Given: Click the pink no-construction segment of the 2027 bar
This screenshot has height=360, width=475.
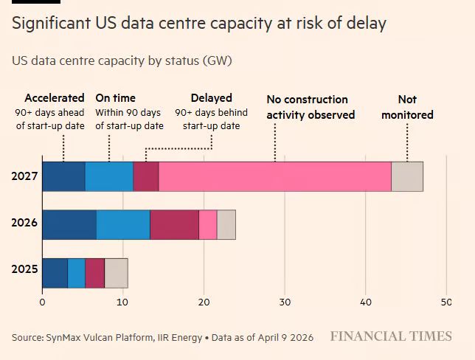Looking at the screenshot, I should pyautogui.click(x=274, y=176).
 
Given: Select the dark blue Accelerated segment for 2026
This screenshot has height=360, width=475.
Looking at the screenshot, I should pyautogui.click(x=69, y=224).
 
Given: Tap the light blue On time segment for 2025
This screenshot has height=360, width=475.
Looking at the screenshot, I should pyautogui.click(x=76, y=273).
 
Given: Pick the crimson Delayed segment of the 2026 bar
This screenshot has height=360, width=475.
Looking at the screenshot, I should pyautogui.click(x=174, y=224).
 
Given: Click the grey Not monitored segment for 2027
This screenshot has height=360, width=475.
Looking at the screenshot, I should pyautogui.click(x=406, y=176).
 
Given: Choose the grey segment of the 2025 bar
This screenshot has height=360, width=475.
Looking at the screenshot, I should pyautogui.click(x=116, y=273).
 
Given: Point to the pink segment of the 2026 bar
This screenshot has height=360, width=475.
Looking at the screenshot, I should pyautogui.click(x=207, y=224).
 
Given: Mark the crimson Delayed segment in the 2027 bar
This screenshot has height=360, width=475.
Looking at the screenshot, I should pyautogui.click(x=145, y=176).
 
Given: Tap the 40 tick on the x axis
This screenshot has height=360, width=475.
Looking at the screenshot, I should pyautogui.click(x=365, y=302).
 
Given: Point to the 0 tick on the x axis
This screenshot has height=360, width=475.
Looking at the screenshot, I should pyautogui.click(x=42, y=302).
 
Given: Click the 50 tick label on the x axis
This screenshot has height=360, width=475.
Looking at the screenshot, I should pyautogui.click(x=445, y=302).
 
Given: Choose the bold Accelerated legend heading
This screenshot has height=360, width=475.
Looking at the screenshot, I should pyautogui.click(x=54, y=98).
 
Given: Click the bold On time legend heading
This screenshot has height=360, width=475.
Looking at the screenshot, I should pyautogui.click(x=115, y=98).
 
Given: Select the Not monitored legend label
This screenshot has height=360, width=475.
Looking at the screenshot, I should pyautogui.click(x=407, y=107).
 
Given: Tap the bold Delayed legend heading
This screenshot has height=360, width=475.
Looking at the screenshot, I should pyautogui.click(x=211, y=98).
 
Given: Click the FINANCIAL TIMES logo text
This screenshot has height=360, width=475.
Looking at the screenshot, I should pyautogui.click(x=390, y=336).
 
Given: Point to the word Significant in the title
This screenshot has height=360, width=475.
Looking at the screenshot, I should pyautogui.click(x=52, y=24).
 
